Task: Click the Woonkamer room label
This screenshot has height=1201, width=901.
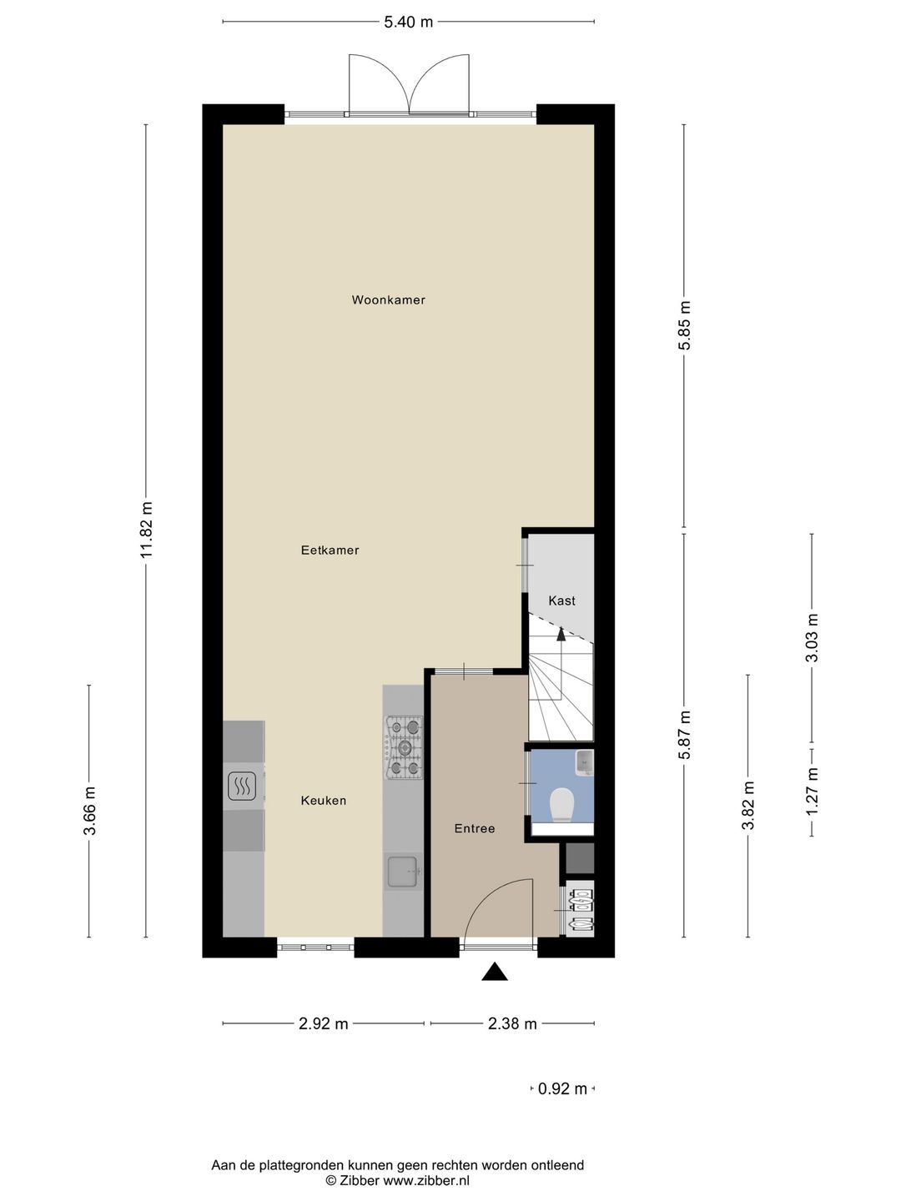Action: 389,300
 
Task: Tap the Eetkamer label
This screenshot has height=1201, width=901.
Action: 330,550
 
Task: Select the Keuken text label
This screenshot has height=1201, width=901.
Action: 324,801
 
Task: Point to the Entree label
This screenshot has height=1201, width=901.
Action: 475,828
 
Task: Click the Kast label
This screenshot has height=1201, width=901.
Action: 561,600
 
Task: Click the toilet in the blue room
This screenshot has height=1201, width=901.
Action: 561,804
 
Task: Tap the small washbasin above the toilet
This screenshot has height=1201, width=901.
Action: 585,762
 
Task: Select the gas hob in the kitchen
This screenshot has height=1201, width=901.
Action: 405,747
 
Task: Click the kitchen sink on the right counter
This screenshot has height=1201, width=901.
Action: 405,872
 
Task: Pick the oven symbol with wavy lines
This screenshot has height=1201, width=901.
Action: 242,786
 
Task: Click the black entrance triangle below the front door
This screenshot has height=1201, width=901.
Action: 495,971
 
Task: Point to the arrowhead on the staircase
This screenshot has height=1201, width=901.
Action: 561,634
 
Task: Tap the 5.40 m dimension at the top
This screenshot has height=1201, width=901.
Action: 408,22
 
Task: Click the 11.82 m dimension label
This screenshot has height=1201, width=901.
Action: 146,530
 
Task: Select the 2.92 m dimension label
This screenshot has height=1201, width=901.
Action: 324,1023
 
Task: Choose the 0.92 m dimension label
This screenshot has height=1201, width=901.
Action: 562,1089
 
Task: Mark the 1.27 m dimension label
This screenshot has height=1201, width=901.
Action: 812,791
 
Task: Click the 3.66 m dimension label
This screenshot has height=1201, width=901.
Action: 89,811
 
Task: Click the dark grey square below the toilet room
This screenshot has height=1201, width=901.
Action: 580,858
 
